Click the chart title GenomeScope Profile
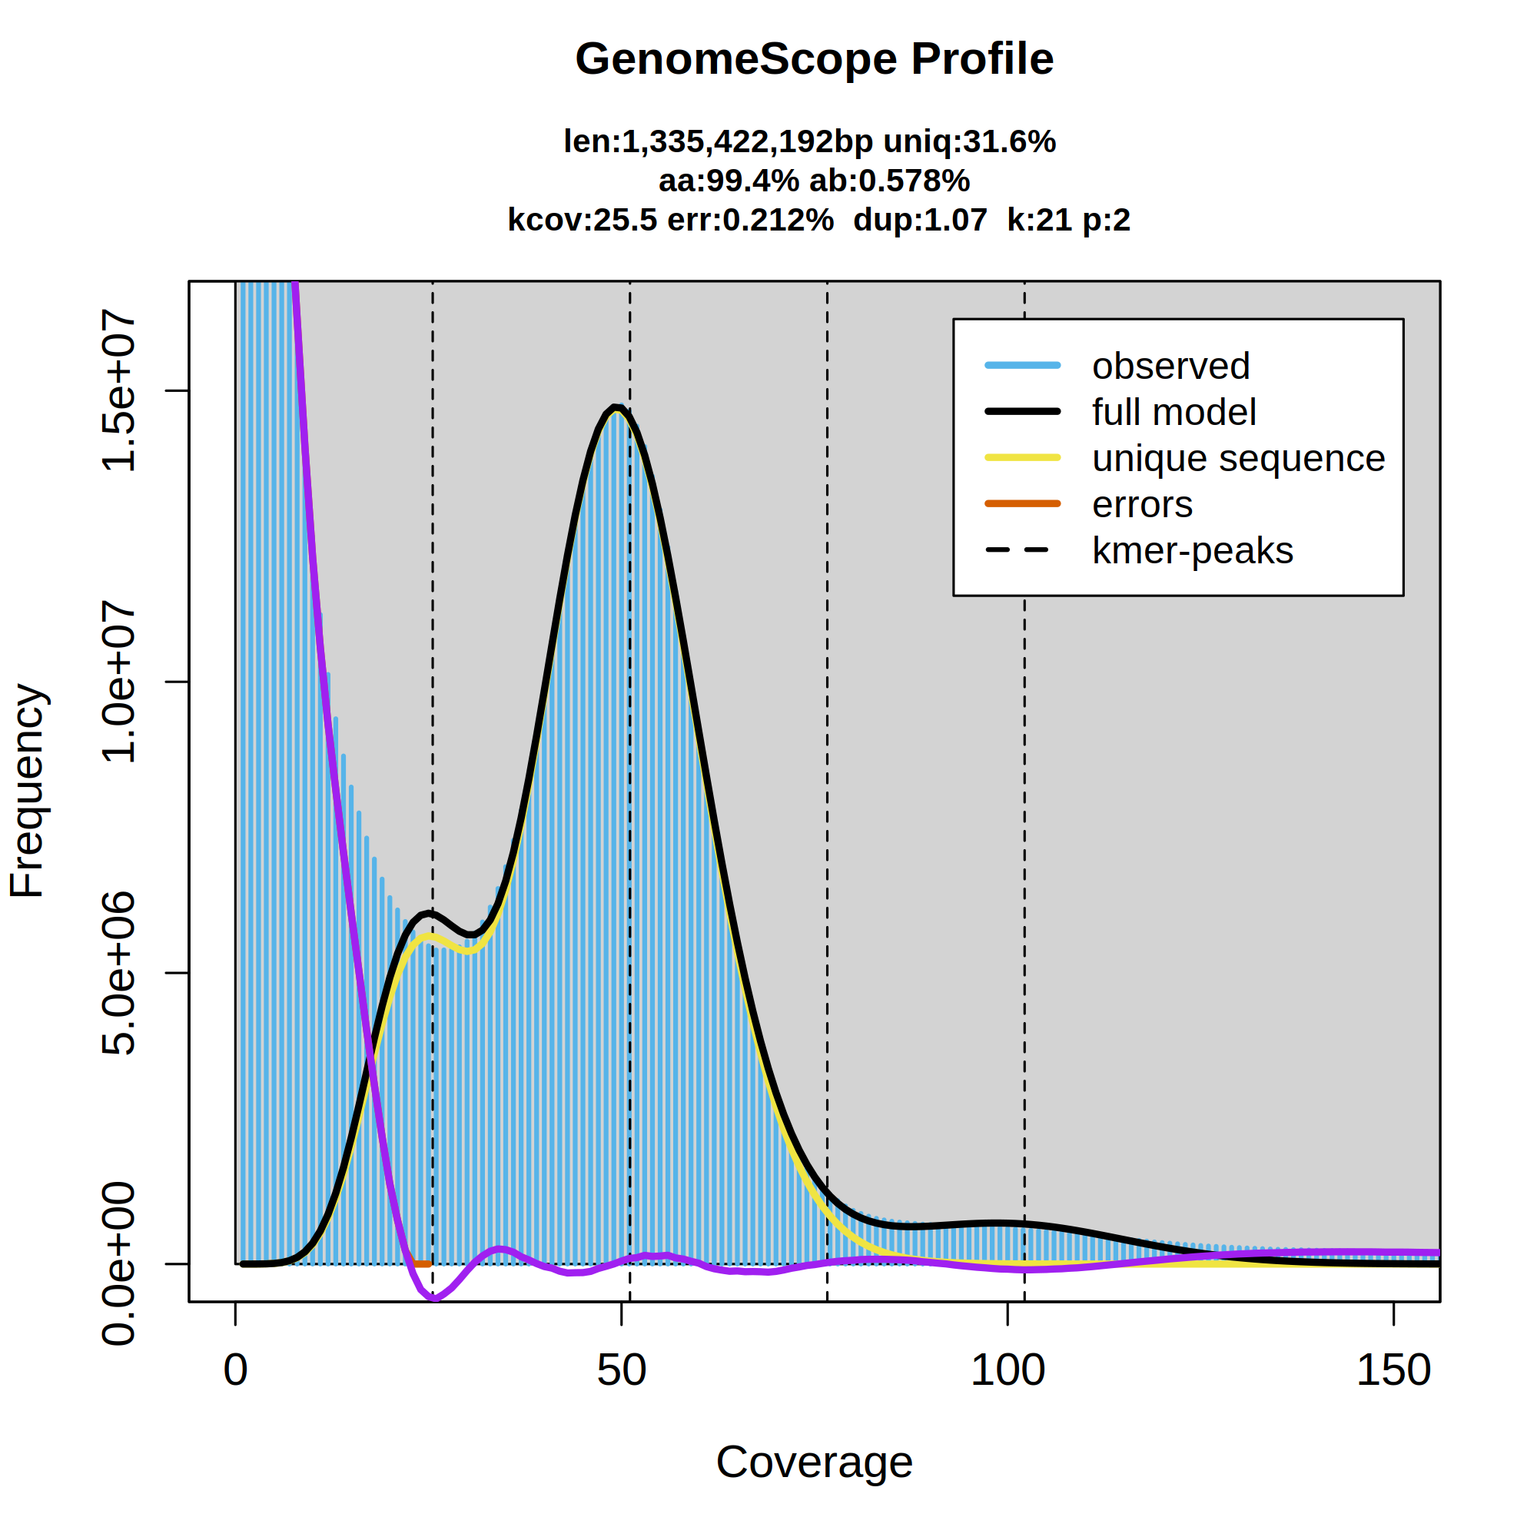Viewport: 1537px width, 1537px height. (x=814, y=60)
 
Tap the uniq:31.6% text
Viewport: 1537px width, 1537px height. (x=969, y=141)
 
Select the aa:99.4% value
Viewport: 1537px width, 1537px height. (x=728, y=181)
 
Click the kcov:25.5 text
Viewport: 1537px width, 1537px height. (x=583, y=220)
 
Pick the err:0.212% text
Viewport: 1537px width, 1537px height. (x=750, y=220)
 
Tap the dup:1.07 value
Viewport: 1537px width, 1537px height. (x=920, y=220)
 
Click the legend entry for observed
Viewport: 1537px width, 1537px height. (x=1170, y=366)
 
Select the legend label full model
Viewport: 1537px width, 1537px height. (x=1173, y=412)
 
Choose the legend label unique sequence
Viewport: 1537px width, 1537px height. (x=1238, y=458)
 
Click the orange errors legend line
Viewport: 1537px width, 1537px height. (x=1022, y=503)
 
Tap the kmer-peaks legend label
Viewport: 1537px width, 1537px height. (x=1193, y=550)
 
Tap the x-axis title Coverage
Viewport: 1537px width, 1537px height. (x=814, y=1462)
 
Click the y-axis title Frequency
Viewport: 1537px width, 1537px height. (x=28, y=791)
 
